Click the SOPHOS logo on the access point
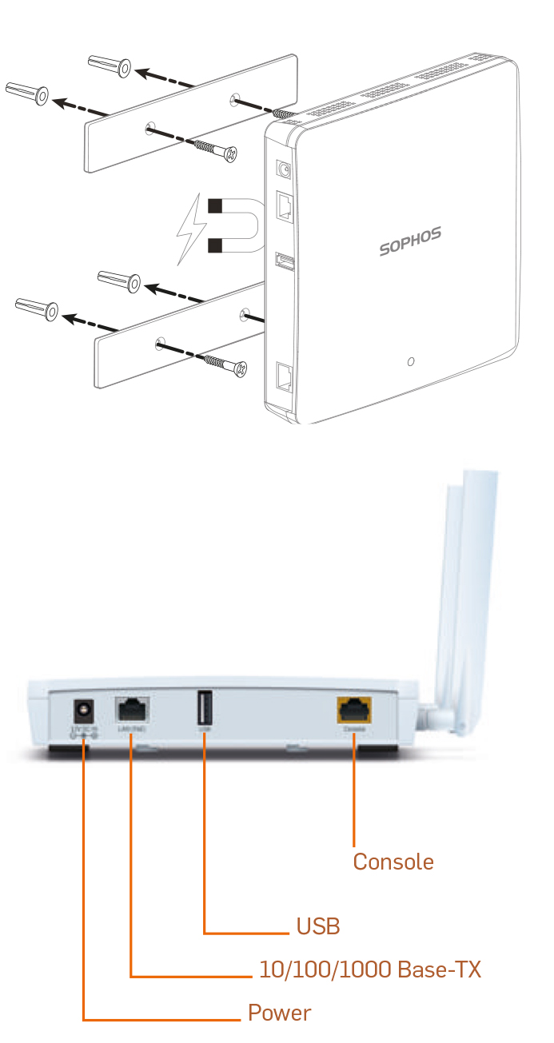(x=409, y=241)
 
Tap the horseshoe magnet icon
(x=233, y=225)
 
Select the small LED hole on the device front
(x=410, y=362)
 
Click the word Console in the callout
(x=393, y=862)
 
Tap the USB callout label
(x=317, y=926)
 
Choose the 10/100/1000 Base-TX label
(x=369, y=969)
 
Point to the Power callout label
(x=279, y=1013)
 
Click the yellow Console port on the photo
(x=353, y=709)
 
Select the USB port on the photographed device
(x=204, y=707)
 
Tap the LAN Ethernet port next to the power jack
(x=131, y=709)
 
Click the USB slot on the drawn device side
(x=283, y=261)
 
